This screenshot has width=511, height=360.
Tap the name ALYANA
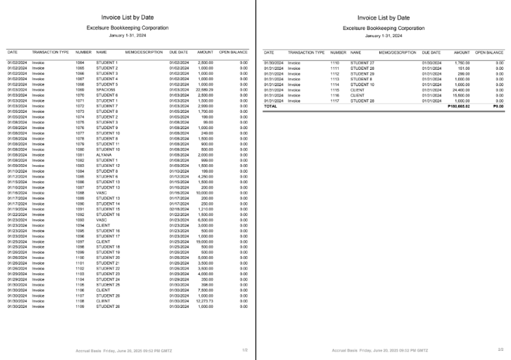click(104, 155)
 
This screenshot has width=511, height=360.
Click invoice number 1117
click(336, 101)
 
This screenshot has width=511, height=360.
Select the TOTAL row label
click(270, 106)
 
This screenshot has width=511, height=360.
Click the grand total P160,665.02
click(455, 106)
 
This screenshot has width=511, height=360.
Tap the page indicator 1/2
click(245, 350)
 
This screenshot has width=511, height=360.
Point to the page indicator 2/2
click(501, 350)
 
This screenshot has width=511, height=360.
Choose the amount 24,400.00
click(459, 90)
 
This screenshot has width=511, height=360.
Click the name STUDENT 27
click(362, 63)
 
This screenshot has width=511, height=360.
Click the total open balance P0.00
click(498, 106)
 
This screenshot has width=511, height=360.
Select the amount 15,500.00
click(459, 96)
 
